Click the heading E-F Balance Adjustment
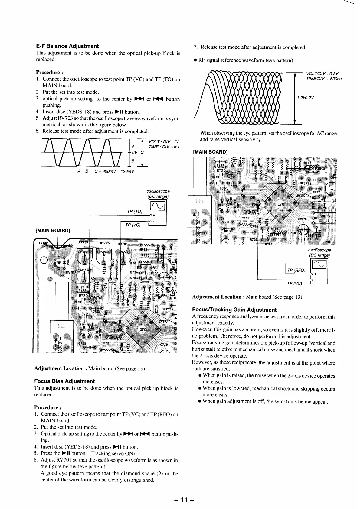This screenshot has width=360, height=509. point(67,46)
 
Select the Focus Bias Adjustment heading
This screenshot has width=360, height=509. point(64,381)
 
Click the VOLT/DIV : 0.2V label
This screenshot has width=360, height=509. point(322,73)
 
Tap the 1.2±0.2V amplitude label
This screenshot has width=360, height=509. point(305,98)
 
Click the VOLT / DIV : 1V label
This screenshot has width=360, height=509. point(164,142)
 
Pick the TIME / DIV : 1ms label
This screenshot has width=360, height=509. point(164,147)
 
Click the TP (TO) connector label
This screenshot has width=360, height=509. point(135,212)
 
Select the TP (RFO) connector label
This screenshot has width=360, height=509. point(296,270)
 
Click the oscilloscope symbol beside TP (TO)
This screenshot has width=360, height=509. point(158,206)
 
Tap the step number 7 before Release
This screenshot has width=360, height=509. point(195,47)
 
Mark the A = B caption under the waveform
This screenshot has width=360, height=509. point(81,172)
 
